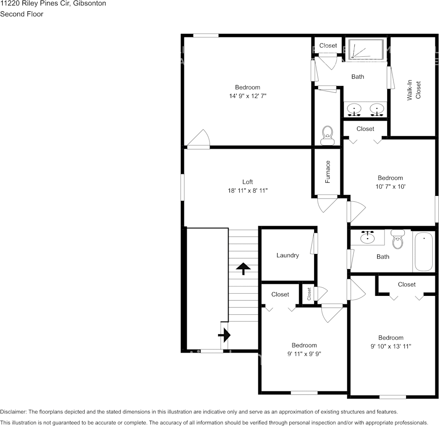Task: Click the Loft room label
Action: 247,182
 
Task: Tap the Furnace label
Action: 328,172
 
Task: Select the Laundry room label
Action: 288,255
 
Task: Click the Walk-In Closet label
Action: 414,90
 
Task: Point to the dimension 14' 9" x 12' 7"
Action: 247,96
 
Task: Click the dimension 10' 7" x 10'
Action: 390,186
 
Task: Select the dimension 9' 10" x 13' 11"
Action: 391,346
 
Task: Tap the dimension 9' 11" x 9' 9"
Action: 304,354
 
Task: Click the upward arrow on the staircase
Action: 243,268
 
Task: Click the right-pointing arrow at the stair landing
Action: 224,335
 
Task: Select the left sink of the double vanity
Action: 355,109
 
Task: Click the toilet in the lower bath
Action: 398,240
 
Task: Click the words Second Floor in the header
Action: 22,14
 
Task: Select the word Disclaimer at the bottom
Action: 13,412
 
